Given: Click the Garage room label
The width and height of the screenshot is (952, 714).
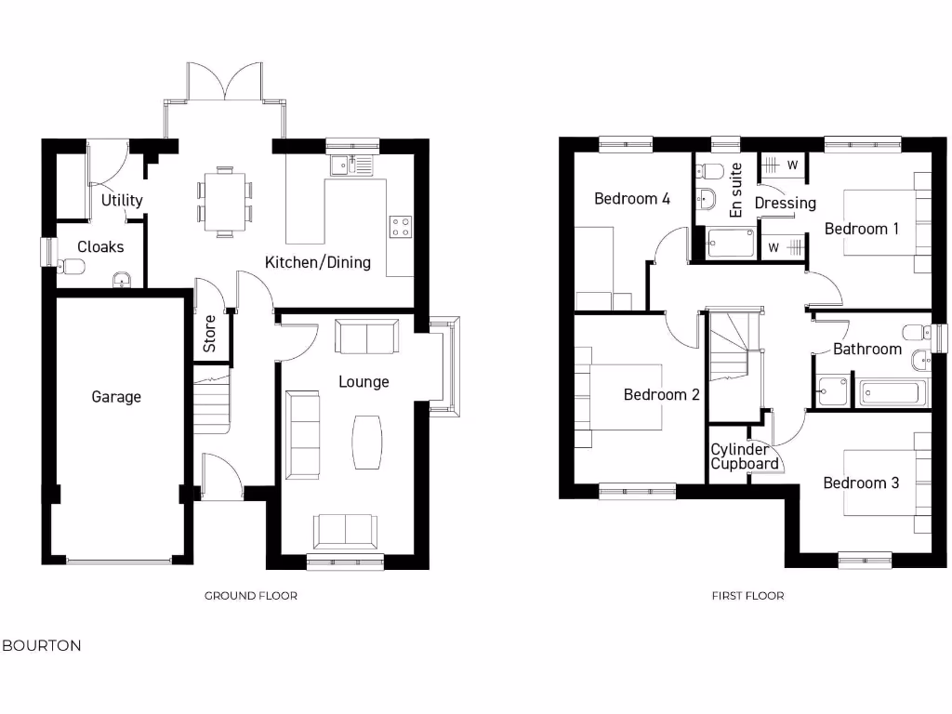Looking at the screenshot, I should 116,397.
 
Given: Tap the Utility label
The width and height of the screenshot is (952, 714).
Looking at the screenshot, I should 122,200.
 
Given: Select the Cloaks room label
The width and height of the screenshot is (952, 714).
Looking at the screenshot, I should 100,246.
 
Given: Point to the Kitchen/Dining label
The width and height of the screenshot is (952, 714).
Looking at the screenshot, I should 318,262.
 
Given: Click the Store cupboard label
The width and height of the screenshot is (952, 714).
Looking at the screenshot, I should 210,334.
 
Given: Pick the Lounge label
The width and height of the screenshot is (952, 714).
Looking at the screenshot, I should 364,381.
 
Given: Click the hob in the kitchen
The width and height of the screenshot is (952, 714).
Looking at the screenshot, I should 401,227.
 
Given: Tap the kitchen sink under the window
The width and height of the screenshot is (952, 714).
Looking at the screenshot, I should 351,165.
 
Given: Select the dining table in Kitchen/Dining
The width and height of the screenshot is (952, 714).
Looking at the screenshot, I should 224,201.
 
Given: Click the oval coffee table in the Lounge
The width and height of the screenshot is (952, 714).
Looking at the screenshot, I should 367,442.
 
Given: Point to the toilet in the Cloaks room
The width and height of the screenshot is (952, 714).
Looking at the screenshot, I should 71,268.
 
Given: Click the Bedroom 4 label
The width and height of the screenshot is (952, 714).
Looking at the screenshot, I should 632,198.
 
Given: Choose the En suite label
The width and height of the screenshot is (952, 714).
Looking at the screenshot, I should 736,191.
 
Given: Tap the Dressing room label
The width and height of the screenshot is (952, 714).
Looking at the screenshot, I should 785,203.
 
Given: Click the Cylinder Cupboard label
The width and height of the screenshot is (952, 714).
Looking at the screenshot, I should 745,456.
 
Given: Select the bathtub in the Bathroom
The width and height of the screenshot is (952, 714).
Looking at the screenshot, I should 890,392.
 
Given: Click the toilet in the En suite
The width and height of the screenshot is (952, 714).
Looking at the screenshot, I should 711,171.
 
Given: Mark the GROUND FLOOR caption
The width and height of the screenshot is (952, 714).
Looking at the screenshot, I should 251,596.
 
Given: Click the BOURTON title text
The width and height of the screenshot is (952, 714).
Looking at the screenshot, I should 42,645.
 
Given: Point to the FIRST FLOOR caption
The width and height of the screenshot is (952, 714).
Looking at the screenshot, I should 747,596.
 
